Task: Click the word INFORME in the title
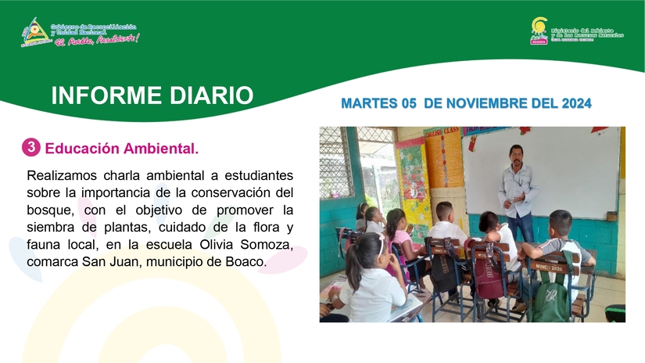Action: (x=104, y=96)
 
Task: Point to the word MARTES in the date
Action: (x=368, y=103)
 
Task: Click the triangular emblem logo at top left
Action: (x=34, y=33)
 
